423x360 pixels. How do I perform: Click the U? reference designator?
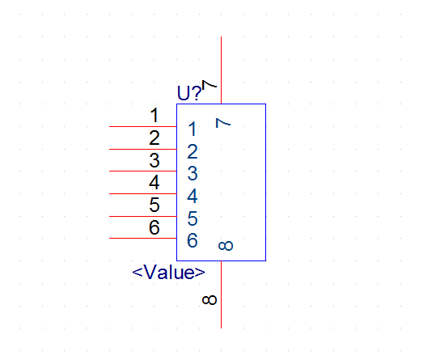click(x=189, y=93)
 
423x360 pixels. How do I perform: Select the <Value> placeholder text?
click(x=168, y=272)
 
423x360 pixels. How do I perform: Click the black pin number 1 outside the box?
click(x=154, y=115)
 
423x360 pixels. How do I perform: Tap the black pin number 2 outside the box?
click(x=154, y=138)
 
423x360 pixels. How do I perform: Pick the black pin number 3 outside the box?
click(x=154, y=160)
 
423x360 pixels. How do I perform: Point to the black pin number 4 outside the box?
click(x=154, y=183)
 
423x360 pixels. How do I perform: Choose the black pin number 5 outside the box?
click(x=154, y=205)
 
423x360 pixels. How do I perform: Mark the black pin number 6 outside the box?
click(x=154, y=227)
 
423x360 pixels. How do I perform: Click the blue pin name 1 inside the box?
click(x=192, y=129)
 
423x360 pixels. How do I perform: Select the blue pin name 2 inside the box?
click(x=192, y=151)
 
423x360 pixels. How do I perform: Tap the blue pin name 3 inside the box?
click(x=192, y=173)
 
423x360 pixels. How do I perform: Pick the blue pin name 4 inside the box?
click(x=192, y=196)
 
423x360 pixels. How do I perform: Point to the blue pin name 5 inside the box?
click(x=192, y=218)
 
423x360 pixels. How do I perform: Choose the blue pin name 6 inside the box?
click(x=192, y=240)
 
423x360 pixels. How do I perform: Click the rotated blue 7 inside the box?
click(x=223, y=123)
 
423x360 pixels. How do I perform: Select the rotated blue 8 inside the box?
click(x=226, y=246)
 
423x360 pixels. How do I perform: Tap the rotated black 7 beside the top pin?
click(x=209, y=84)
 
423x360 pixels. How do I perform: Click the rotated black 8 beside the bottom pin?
click(x=209, y=300)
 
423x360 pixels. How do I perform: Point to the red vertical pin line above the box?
click(x=222, y=70)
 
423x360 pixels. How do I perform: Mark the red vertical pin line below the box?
click(x=222, y=294)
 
